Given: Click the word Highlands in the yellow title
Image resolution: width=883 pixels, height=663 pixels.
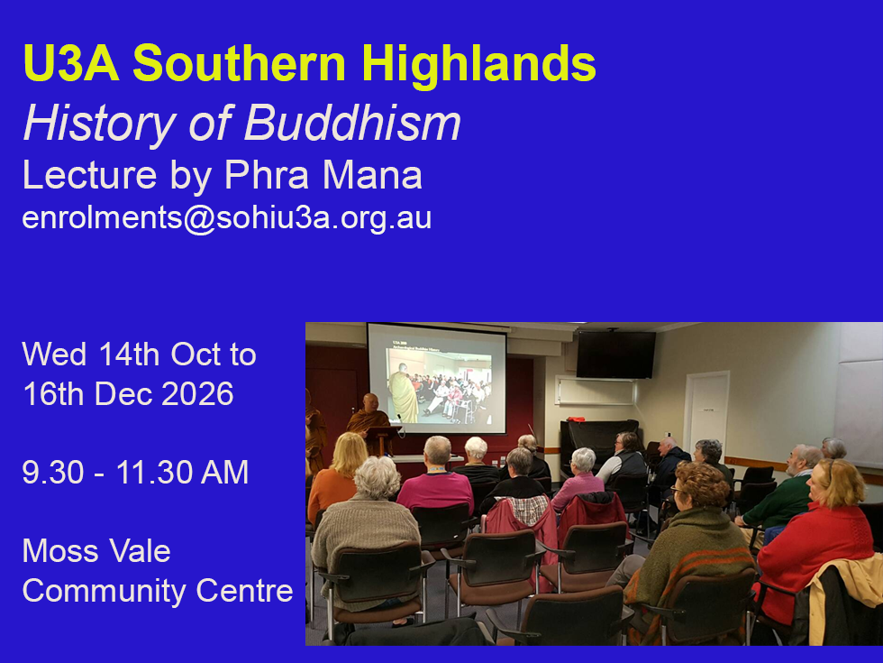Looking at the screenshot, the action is [x=478, y=65].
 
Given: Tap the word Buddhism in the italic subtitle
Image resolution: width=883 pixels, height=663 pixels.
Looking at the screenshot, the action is [x=352, y=123].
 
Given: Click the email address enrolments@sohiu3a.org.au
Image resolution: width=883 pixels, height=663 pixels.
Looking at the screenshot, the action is [x=227, y=217].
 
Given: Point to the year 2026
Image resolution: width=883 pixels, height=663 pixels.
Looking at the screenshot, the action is [x=197, y=393].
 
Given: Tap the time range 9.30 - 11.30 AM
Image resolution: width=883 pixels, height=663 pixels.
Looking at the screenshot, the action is [x=135, y=473].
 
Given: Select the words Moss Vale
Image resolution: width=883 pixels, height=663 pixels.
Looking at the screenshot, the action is [x=96, y=551].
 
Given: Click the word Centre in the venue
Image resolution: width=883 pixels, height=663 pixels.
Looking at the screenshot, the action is [x=244, y=591].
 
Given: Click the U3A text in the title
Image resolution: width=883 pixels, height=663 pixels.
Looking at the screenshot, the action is [x=71, y=64].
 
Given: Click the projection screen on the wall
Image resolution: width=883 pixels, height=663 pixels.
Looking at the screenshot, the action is [x=436, y=378].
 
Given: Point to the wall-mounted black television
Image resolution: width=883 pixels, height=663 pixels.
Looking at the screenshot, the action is [x=616, y=354].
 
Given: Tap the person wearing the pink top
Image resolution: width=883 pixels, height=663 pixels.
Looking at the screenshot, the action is [x=435, y=479].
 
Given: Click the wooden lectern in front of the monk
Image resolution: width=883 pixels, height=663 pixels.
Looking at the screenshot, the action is [x=384, y=440].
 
